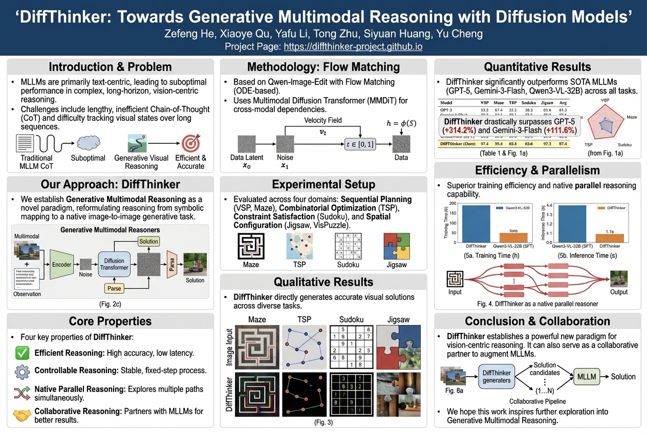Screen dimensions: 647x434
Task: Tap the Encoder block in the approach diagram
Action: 61,265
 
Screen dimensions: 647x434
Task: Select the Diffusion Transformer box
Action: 114,264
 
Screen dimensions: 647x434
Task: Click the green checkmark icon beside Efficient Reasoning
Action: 22,353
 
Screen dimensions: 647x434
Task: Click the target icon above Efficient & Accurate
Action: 190,141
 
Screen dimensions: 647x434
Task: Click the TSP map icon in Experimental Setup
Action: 299,246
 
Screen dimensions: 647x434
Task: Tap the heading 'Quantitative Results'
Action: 537,67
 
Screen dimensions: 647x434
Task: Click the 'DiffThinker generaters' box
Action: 497,377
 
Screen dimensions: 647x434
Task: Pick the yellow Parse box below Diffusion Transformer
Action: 115,289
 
